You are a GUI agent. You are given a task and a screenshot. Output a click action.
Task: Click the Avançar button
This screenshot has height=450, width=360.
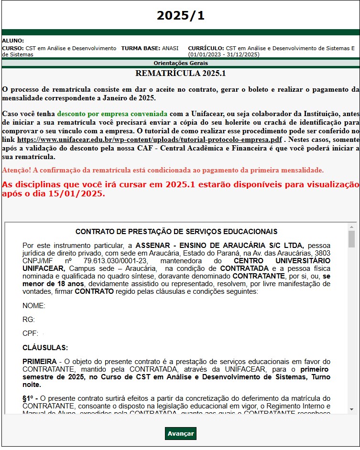point(181,433)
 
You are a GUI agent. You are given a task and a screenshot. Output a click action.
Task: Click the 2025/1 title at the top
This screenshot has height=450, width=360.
point(180,15)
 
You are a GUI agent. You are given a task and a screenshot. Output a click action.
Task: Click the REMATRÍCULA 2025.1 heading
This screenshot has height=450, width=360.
point(180,74)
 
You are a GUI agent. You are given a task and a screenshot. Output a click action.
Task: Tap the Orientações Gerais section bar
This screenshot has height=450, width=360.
point(180,63)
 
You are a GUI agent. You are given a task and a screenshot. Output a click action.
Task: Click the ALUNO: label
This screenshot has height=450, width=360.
point(13,41)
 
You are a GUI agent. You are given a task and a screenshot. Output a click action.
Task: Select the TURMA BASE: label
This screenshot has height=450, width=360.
point(141,48)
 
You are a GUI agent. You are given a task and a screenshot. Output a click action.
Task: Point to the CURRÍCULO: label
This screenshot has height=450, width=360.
point(206,48)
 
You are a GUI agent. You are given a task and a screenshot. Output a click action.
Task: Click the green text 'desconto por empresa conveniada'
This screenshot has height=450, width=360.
point(112,114)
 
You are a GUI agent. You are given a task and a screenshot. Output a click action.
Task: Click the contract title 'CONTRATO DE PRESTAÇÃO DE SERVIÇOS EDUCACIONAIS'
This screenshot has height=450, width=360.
point(176,232)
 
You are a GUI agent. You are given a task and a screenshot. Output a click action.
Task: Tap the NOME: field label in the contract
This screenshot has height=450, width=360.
point(34,306)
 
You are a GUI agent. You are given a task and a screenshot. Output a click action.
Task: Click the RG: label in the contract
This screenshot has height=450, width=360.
point(29,320)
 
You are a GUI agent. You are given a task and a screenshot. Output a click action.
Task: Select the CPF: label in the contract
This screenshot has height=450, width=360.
point(30,333)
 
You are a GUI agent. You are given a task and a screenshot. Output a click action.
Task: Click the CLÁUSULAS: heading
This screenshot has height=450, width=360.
point(45,347)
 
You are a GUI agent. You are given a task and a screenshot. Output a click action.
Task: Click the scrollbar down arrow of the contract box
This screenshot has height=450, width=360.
point(351,409)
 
